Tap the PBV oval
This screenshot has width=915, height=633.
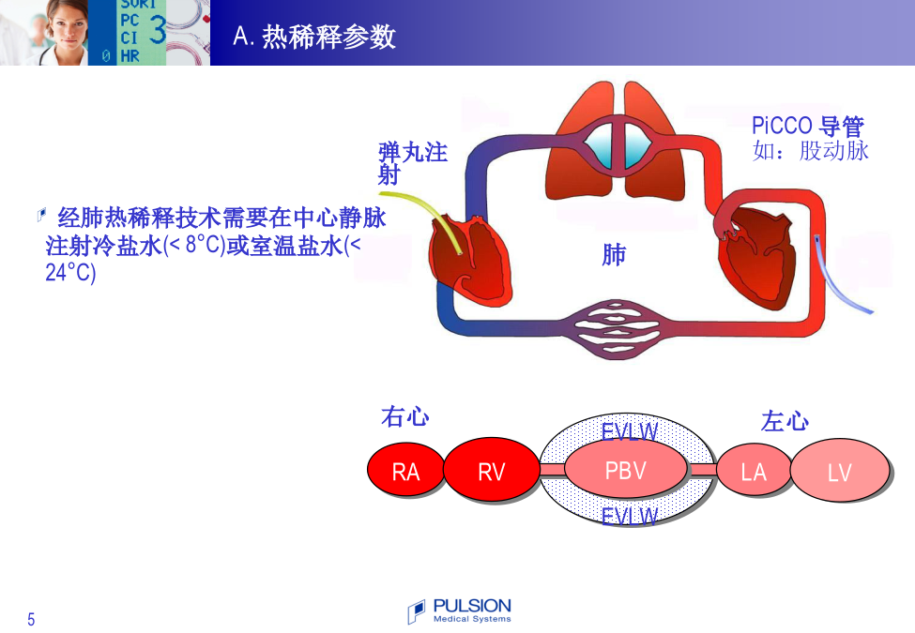[626, 469]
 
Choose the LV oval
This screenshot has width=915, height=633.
[840, 470]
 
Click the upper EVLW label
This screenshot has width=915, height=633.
[630, 431]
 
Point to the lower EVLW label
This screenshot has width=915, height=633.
[630, 516]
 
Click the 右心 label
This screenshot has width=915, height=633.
[405, 416]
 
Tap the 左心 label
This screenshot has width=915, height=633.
[785, 421]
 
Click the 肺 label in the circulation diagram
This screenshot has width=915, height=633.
[614, 255]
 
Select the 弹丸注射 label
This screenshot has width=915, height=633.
[412, 163]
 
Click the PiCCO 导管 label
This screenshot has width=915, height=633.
[808, 126]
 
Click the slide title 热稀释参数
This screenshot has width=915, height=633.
[328, 37]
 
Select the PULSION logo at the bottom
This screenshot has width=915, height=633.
[459, 610]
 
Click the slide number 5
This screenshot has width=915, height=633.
[31, 619]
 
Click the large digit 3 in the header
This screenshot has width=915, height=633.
[158, 29]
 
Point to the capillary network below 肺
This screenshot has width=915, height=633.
[615, 329]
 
